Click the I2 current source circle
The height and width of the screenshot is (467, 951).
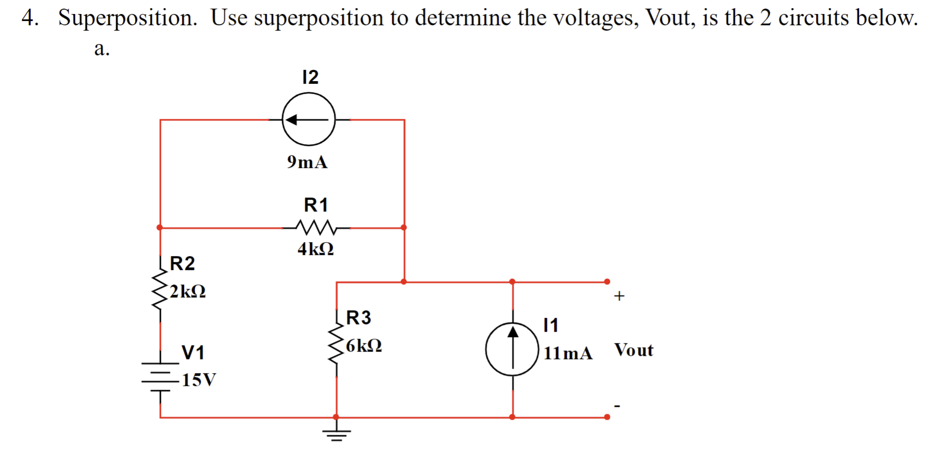click(x=309, y=119)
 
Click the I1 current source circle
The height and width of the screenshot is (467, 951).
click(x=512, y=349)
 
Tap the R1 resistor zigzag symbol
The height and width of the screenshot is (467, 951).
click(x=316, y=228)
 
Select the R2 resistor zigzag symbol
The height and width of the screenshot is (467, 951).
click(x=159, y=290)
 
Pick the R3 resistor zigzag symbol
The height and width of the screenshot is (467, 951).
click(x=336, y=344)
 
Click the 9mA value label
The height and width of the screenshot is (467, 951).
click(x=307, y=162)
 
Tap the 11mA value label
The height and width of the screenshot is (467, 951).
click(x=568, y=353)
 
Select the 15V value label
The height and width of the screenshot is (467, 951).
click(x=199, y=380)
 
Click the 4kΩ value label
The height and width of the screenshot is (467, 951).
click(x=316, y=249)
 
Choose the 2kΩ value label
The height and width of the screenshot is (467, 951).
click(x=188, y=291)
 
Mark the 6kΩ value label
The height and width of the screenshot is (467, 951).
click(x=364, y=346)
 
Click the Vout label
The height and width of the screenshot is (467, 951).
click(x=634, y=350)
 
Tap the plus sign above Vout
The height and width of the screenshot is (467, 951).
click(x=619, y=296)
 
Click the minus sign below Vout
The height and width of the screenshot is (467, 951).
click(x=617, y=406)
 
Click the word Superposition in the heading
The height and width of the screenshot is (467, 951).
click(x=128, y=18)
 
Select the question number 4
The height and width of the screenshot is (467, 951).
click(x=29, y=18)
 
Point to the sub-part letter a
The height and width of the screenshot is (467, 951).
click(x=101, y=49)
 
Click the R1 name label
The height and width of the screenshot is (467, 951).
click(x=316, y=205)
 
